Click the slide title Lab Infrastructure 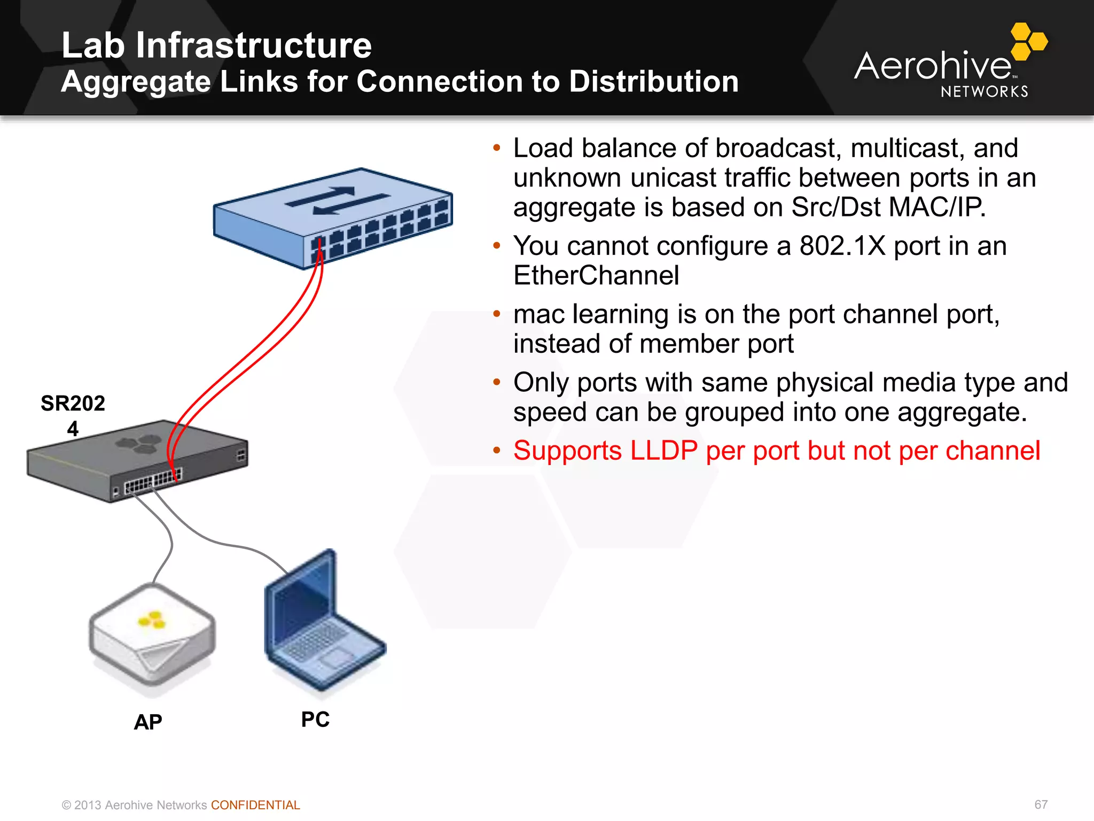pos(216,45)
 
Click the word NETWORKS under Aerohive pos(984,92)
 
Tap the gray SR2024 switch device pos(137,461)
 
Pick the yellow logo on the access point pos(152,620)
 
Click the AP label pos(148,722)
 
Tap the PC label pos(315,719)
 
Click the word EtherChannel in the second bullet pos(596,276)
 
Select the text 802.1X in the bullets pos(842,246)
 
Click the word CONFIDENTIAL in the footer pos(255,805)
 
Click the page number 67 pos(1041,804)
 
